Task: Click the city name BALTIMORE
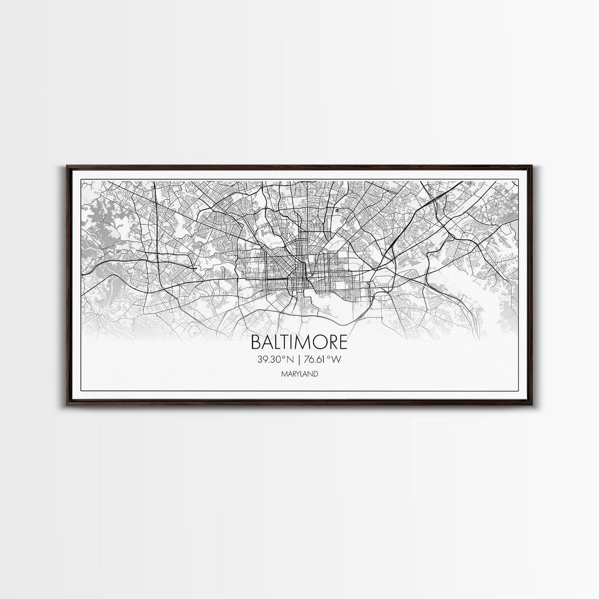299,342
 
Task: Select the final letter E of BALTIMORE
343,342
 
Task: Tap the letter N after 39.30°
289,360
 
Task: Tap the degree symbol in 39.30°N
284,357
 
